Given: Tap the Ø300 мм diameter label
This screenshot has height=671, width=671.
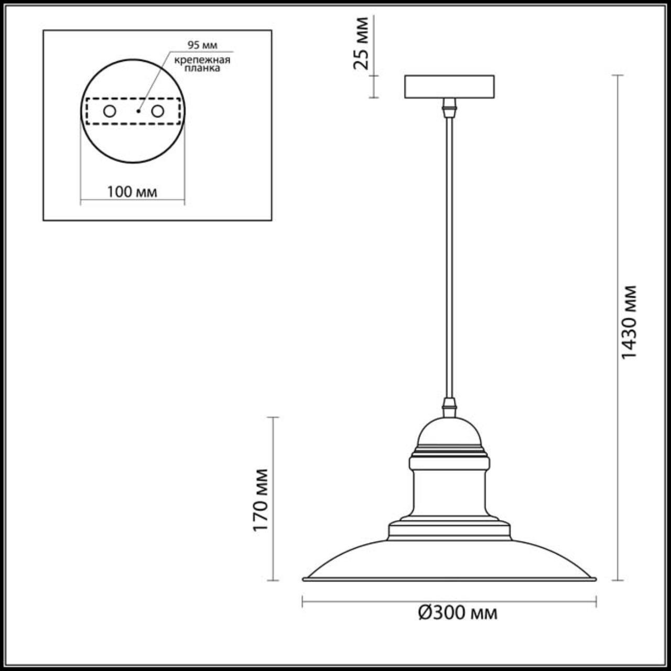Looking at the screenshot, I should tap(458, 613).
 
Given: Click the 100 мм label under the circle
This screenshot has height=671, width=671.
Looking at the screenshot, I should tap(132, 192).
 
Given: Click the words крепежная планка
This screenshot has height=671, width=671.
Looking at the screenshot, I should tap(202, 64).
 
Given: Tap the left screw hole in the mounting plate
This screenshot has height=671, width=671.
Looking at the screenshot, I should tap(110, 111).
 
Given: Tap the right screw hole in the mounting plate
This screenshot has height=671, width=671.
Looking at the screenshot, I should tap(157, 111).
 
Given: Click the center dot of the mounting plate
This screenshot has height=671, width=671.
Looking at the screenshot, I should tap(138, 111).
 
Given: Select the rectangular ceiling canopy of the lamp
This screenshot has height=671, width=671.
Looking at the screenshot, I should tap(449, 87).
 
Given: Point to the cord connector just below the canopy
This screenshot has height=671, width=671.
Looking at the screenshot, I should tap(449, 108).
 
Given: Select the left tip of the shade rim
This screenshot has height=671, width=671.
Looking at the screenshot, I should tap(305, 579).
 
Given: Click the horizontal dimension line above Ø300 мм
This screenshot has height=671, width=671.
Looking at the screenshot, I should tap(449, 601).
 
